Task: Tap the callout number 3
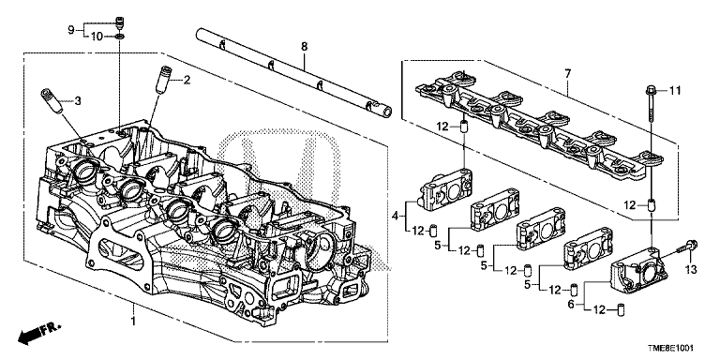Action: [x=78, y=100]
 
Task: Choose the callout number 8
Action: [x=303, y=46]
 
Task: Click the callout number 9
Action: [x=69, y=31]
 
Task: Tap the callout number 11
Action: [x=674, y=90]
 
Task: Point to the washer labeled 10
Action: [x=120, y=36]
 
